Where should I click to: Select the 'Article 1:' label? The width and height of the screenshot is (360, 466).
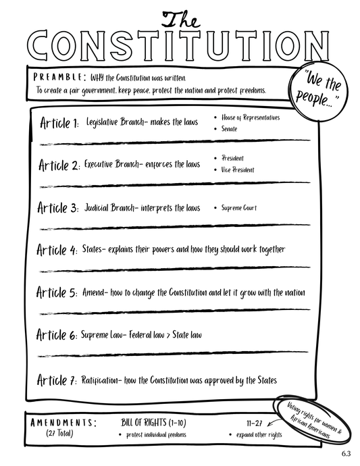click(x=59, y=124)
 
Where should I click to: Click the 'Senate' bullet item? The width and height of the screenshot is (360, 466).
click(x=230, y=128)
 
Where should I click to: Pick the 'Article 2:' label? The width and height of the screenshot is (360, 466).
click(x=59, y=165)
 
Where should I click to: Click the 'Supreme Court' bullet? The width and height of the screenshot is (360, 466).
click(x=238, y=208)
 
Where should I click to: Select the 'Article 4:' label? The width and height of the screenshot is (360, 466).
click(x=59, y=251)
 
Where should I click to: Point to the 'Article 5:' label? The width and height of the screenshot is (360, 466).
click(x=59, y=293)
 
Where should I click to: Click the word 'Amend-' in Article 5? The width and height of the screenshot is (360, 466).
click(x=99, y=293)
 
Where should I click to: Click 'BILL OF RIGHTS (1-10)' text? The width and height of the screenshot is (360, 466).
click(x=155, y=422)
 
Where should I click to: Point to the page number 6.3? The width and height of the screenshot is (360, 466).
click(x=346, y=453)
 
